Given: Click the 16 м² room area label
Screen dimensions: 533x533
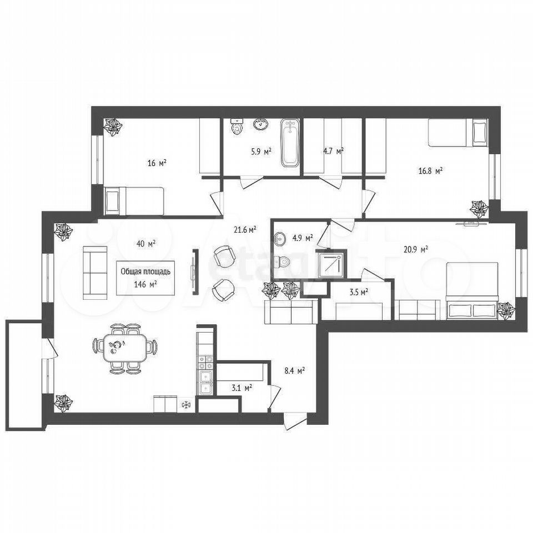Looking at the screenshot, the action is click(157, 163).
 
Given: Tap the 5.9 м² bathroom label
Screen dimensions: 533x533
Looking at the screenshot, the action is click(261, 151).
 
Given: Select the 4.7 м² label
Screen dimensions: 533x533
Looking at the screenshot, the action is click(333, 151).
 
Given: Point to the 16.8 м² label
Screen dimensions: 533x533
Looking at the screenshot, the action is click(430, 170).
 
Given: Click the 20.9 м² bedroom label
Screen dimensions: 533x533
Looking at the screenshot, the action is click(416, 250).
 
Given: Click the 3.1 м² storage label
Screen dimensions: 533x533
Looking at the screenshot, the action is click(242, 388).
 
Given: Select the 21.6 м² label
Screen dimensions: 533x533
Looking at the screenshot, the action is click(245, 230).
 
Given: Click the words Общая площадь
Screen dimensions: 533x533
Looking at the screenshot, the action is click(145, 271).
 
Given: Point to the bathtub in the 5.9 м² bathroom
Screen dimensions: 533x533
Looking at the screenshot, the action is click(290, 143).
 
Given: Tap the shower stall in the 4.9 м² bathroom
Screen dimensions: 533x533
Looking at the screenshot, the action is click(331, 264).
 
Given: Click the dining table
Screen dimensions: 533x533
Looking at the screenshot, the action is click(125, 348).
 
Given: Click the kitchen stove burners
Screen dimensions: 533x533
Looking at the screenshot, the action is click(205, 363).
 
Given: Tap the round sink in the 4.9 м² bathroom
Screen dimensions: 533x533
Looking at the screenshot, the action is click(280, 239).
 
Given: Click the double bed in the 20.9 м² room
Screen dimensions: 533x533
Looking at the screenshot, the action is click(472, 290).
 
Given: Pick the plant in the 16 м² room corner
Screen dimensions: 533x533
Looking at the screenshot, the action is click(113, 127).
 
